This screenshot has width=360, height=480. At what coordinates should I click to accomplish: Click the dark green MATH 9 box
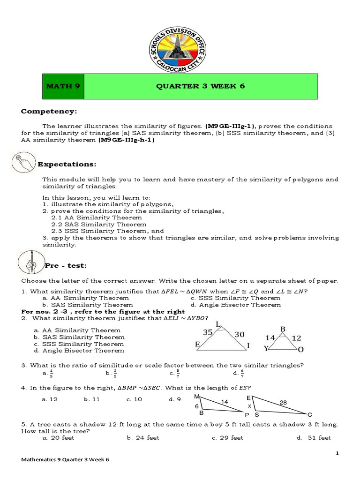pos(63,87)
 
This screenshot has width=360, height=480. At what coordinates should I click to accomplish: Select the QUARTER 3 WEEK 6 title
pos(200,87)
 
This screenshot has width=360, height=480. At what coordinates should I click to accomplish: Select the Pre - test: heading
pos(66,266)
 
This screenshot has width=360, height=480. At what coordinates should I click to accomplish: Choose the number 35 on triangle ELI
pos(208,331)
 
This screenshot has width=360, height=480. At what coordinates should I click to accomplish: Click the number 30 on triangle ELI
pos(240,334)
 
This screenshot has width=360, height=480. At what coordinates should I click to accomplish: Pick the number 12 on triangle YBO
pos(297,337)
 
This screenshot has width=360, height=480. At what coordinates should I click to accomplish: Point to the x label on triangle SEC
pos(249,406)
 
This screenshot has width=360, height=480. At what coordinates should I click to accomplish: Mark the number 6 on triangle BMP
pos(197,406)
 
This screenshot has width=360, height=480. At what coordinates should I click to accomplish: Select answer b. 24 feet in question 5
pos(143,438)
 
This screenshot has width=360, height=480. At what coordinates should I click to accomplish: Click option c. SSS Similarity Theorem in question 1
pos(235,298)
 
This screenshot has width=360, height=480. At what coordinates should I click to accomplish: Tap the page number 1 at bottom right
pos(337,453)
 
